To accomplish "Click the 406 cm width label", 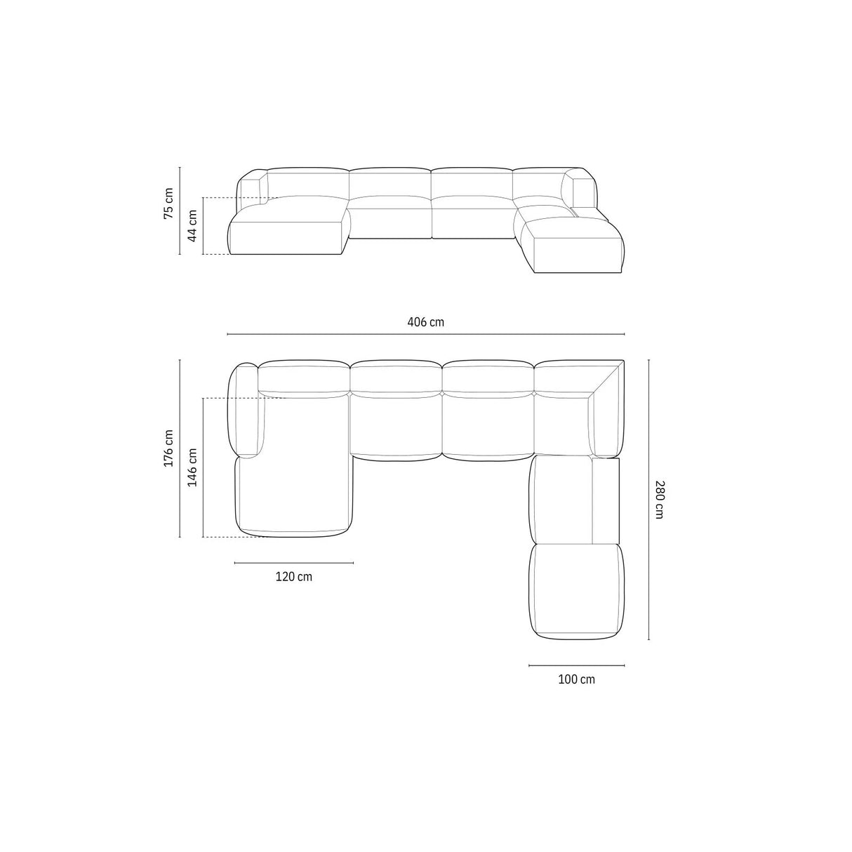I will coord(425,322).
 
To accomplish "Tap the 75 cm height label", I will coord(168,203).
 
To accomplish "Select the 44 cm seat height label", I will coord(192,226).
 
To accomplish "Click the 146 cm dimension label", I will coord(192,467).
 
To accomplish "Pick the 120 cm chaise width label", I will coord(293,577).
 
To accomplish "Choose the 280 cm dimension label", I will coord(658,499).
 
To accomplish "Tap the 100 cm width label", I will coord(576,679).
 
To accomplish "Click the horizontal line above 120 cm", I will coord(293,563).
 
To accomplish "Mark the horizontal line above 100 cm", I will coord(576,665).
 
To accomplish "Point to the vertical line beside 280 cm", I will coord(648,500).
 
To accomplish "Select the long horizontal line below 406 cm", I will coord(425,334).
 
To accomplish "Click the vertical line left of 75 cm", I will coord(180,211).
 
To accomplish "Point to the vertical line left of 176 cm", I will coord(180,448).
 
